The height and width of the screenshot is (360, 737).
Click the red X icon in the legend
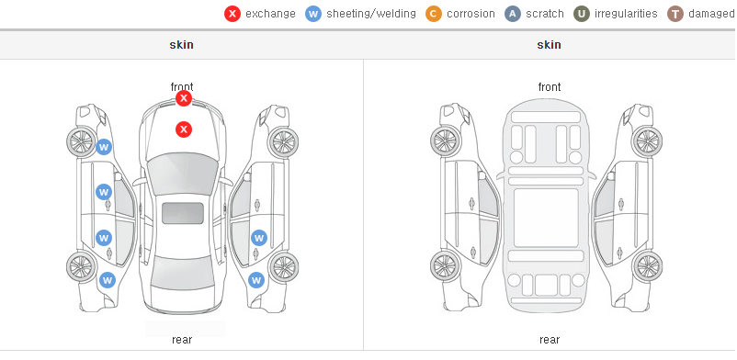click(x=232, y=14)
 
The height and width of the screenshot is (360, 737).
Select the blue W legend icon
click(x=313, y=14)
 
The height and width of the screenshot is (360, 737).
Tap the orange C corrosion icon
click(x=434, y=14)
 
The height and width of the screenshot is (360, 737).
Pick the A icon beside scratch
click(x=513, y=14)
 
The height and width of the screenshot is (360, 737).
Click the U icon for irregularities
click(x=582, y=14)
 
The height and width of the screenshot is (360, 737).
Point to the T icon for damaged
click(x=675, y=14)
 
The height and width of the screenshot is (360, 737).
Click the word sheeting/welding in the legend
click(x=371, y=14)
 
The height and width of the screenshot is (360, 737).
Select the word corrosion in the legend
click(x=471, y=14)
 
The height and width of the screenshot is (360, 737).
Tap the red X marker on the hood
click(x=184, y=129)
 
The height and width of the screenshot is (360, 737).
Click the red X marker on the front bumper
click(x=184, y=98)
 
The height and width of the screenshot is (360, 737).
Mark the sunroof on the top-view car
click(x=183, y=213)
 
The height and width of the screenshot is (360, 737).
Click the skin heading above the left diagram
click(x=181, y=45)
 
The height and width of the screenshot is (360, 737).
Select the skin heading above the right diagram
click(x=549, y=45)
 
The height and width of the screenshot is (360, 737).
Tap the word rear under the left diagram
click(x=182, y=340)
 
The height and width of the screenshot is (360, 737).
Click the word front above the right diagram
click(x=550, y=87)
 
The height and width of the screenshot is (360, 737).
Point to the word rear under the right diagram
click(x=550, y=340)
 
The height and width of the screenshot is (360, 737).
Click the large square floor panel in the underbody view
click(x=546, y=218)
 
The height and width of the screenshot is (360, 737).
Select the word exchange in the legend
click(x=270, y=14)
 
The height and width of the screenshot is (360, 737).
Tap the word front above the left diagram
click(x=182, y=87)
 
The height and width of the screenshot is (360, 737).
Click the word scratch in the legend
click(x=545, y=14)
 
